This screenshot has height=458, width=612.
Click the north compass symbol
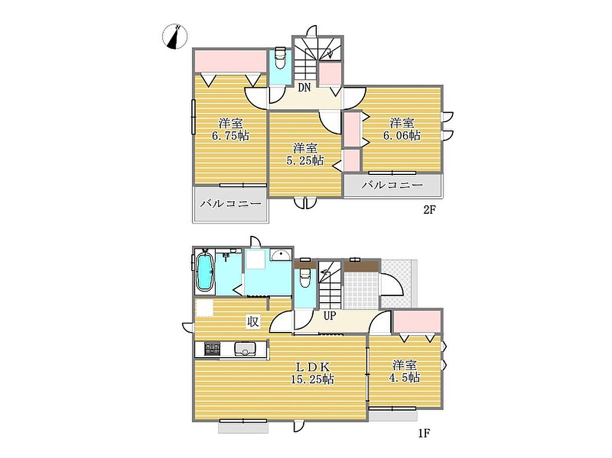tap(175, 36)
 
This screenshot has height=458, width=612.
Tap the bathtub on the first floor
tap(204, 272)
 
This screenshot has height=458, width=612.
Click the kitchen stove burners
tap(212, 348)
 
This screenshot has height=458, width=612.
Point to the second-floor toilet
tap(280, 58)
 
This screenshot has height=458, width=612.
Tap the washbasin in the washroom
tap(281, 254)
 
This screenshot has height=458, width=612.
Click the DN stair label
tap(304, 88)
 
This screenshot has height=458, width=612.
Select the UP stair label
tap(330, 316)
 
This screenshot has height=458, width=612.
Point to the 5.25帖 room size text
tap(305, 161)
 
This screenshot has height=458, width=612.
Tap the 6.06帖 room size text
tap(402, 136)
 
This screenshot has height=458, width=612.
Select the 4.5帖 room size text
tap(406, 377)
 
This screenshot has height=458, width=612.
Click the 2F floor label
tap(429, 210)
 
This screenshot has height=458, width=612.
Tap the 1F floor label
tap(424, 433)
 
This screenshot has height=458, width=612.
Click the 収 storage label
tap(253, 322)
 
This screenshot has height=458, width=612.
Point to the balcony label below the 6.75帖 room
tap(231, 204)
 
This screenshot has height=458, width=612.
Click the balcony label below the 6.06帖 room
tap(392, 185)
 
